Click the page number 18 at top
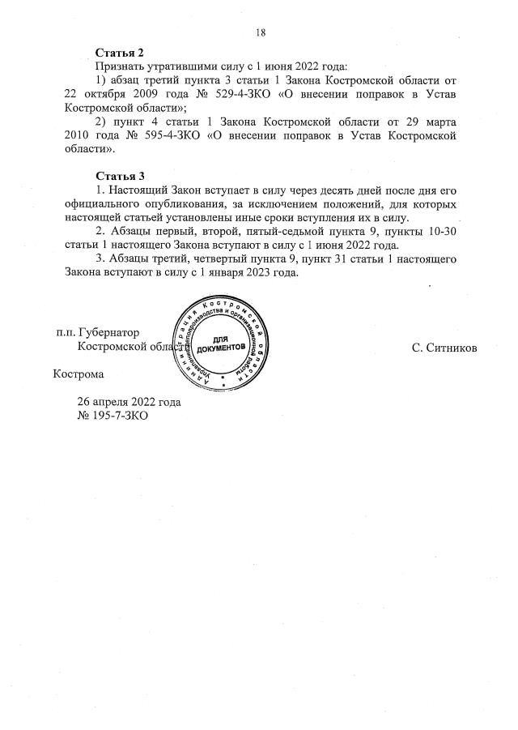tap(261, 32)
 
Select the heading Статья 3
tap(120, 176)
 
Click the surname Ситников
tap(444, 348)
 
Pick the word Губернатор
tap(109, 332)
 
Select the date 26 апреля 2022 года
tap(129, 402)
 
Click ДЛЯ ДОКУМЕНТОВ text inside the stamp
tap(216, 342)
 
